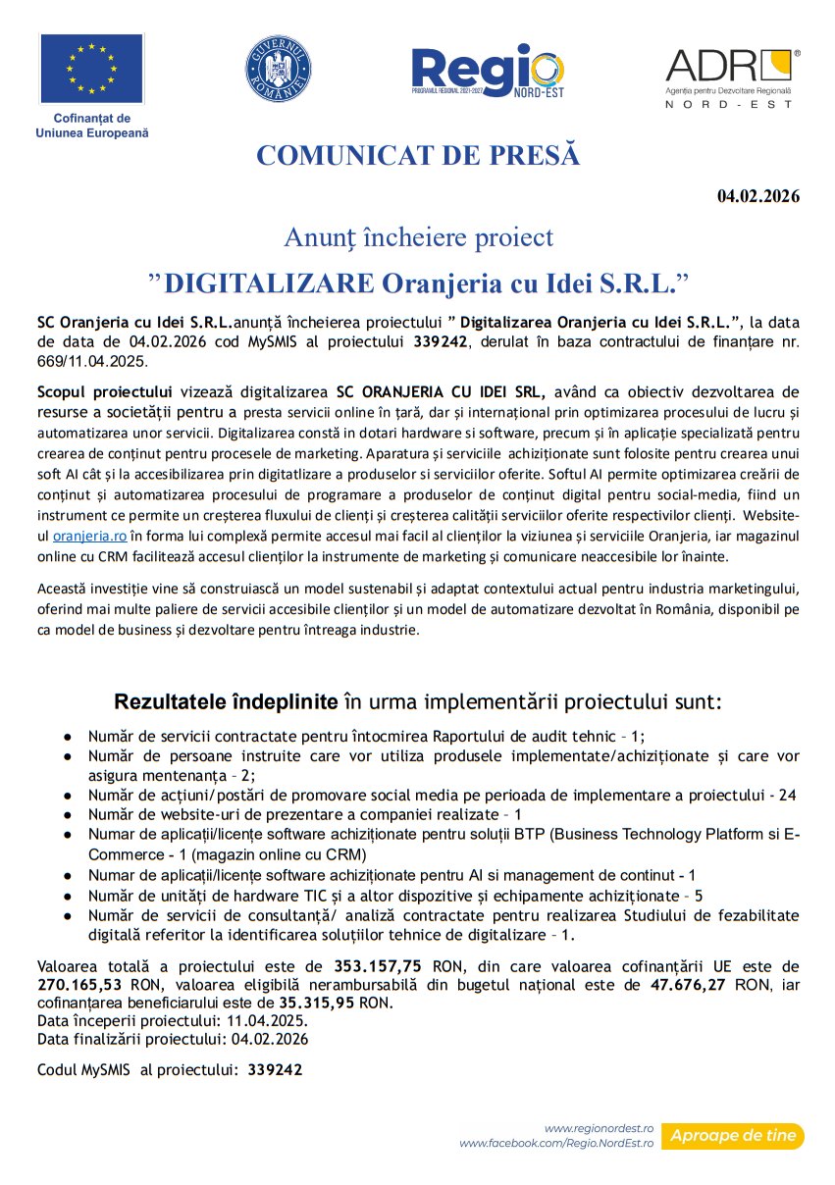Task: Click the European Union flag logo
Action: [x=91, y=68]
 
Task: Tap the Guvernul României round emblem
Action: [x=278, y=69]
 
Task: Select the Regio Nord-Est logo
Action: [x=488, y=72]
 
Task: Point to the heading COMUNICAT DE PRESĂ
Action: [x=418, y=156]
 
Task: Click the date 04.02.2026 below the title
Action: [x=758, y=196]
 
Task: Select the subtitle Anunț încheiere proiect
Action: [x=418, y=237]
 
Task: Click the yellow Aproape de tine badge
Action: [x=732, y=1136]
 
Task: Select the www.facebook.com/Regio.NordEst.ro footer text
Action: [x=556, y=1144]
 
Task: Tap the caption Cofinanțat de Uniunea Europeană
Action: [x=91, y=126]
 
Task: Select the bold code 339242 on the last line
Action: [x=275, y=1069]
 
